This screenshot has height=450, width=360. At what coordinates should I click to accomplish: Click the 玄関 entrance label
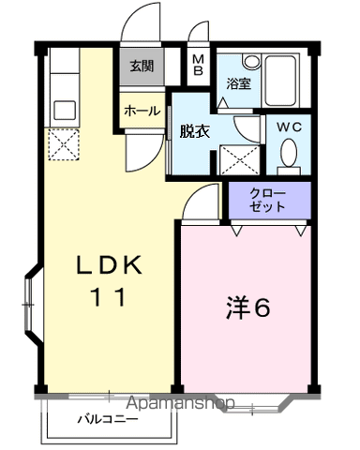[x=142, y=67]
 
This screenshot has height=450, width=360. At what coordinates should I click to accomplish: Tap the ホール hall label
[x=142, y=111]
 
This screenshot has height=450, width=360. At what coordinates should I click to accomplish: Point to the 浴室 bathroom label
[x=238, y=83]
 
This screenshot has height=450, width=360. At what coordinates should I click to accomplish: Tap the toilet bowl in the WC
[x=289, y=153]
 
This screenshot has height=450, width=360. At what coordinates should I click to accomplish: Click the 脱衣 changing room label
[x=194, y=132]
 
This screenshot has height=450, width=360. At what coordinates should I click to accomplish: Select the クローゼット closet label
[x=269, y=200]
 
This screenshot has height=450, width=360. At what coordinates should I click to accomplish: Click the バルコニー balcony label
[x=108, y=418]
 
